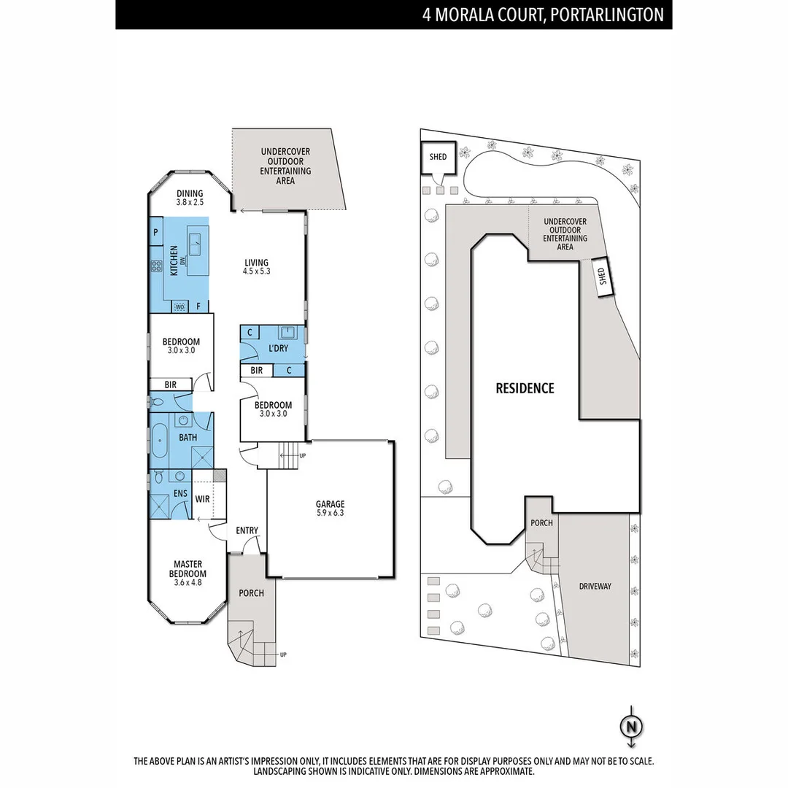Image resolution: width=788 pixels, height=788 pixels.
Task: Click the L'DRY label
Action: (x=278, y=349)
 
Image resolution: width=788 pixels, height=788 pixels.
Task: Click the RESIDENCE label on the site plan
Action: (x=525, y=388)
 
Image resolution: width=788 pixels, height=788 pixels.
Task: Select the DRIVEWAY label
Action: (x=595, y=586)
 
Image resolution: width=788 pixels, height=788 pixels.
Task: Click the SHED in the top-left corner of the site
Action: (x=438, y=157)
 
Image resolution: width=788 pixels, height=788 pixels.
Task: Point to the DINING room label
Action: (x=190, y=194)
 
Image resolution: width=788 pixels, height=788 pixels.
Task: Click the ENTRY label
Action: (x=247, y=530)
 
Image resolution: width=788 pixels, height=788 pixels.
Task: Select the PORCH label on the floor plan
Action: (x=251, y=592)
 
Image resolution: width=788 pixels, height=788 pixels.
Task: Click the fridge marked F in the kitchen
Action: (x=199, y=306)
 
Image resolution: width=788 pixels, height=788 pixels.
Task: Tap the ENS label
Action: (x=180, y=494)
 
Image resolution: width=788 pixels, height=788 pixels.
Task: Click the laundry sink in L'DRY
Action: (x=290, y=333)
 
